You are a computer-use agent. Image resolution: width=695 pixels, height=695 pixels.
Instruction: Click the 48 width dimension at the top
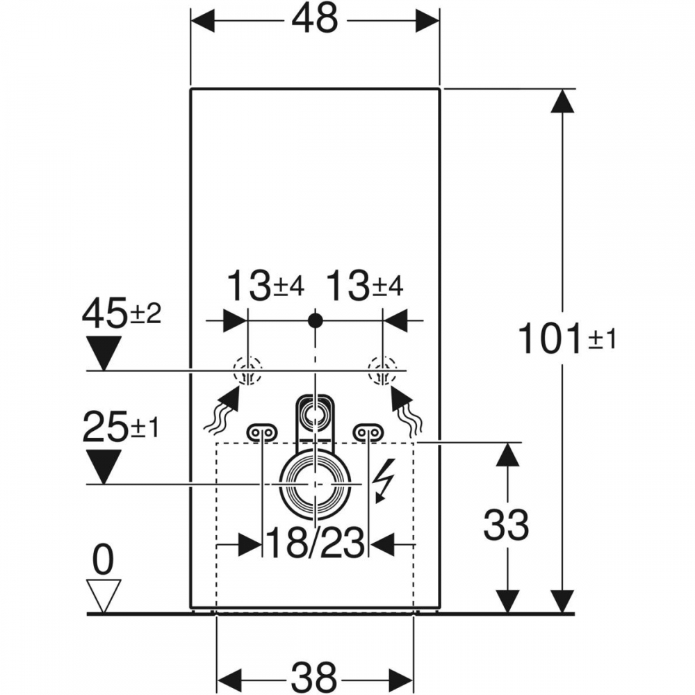coord(314,20)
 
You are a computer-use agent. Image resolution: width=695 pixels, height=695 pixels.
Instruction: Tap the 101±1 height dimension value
coord(566,341)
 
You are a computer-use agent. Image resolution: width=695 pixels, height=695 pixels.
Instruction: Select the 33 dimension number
coord(506,526)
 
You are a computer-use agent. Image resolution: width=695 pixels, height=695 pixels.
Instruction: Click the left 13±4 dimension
coord(266,286)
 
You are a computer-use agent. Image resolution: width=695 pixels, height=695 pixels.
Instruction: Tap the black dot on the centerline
coord(316,320)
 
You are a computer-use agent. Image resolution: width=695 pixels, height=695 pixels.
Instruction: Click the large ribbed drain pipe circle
coord(316,482)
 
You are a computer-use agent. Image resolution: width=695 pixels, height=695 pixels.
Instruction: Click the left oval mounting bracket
coord(261,433)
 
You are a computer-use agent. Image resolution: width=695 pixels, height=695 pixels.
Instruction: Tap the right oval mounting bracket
coord(368,433)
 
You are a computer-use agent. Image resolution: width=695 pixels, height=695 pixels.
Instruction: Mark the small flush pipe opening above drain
coord(316,416)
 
